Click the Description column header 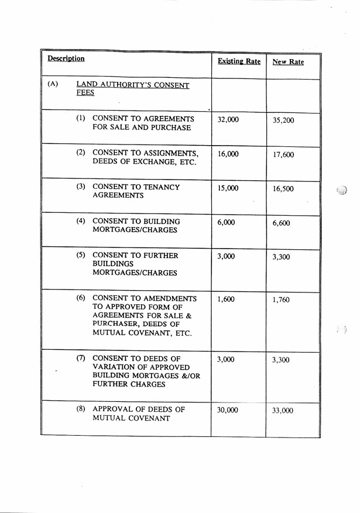(x=66, y=58)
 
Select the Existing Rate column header (x=239, y=61)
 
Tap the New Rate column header (x=288, y=61)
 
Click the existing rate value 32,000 (x=228, y=119)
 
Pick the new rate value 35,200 (x=283, y=120)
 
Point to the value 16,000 (x=228, y=154)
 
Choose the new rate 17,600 (x=283, y=155)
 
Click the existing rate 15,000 (x=228, y=188)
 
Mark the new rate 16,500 (x=283, y=189)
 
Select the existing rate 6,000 (x=225, y=222)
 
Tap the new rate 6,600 (x=281, y=223)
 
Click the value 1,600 (x=225, y=299)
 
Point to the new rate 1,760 (x=281, y=300)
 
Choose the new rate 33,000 (x=283, y=411)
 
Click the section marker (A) (x=53, y=84)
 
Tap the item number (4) (x=81, y=221)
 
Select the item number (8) (x=81, y=408)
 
